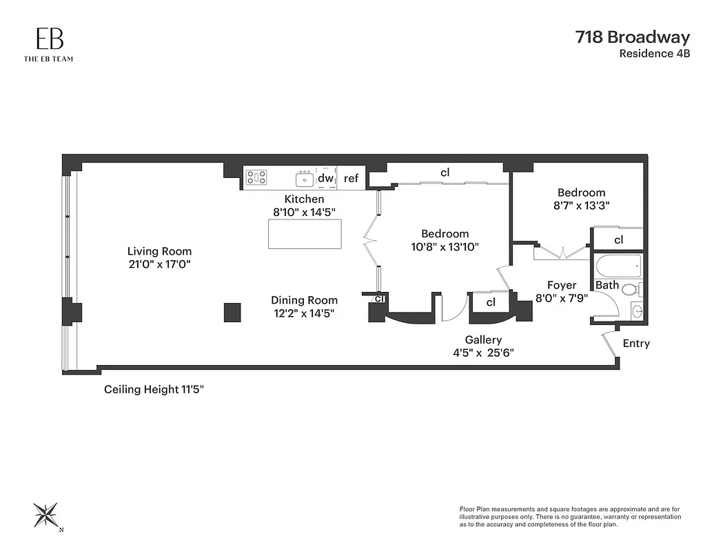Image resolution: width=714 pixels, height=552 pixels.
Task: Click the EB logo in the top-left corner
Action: [48, 40]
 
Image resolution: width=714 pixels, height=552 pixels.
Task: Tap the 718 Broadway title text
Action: [632, 37]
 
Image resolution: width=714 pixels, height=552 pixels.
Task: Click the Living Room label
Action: [159, 251]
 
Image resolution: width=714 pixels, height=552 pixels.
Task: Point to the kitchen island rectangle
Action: [305, 234]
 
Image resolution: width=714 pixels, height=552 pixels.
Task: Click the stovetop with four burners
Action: [257, 177]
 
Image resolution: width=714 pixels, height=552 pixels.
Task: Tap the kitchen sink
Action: [305, 179]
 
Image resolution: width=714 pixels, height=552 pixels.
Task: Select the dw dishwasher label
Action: [325, 178]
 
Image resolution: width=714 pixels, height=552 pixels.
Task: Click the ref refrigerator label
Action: [351, 179]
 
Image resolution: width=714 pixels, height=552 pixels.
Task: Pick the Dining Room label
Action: [304, 300]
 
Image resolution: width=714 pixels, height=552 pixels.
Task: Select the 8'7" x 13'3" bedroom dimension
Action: [581, 205]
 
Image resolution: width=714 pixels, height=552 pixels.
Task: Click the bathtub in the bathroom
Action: [618, 266]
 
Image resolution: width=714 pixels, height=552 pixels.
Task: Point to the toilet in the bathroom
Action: [631, 289]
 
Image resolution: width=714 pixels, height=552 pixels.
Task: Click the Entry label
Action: [635, 344]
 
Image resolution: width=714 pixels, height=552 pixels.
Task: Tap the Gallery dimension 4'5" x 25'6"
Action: [482, 352]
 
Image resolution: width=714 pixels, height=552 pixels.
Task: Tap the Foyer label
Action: [562, 285]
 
